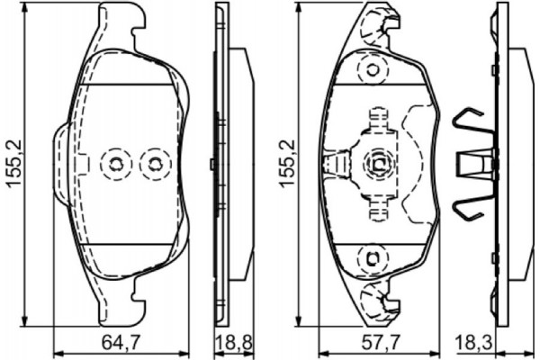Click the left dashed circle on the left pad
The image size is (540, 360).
click(116, 163)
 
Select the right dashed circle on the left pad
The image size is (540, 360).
click(156, 163)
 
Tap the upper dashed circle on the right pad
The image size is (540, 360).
click(370, 70)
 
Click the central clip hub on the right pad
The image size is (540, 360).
click(377, 163)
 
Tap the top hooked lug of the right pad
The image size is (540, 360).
click(377, 22)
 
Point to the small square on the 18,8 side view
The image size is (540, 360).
click(211, 163)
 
